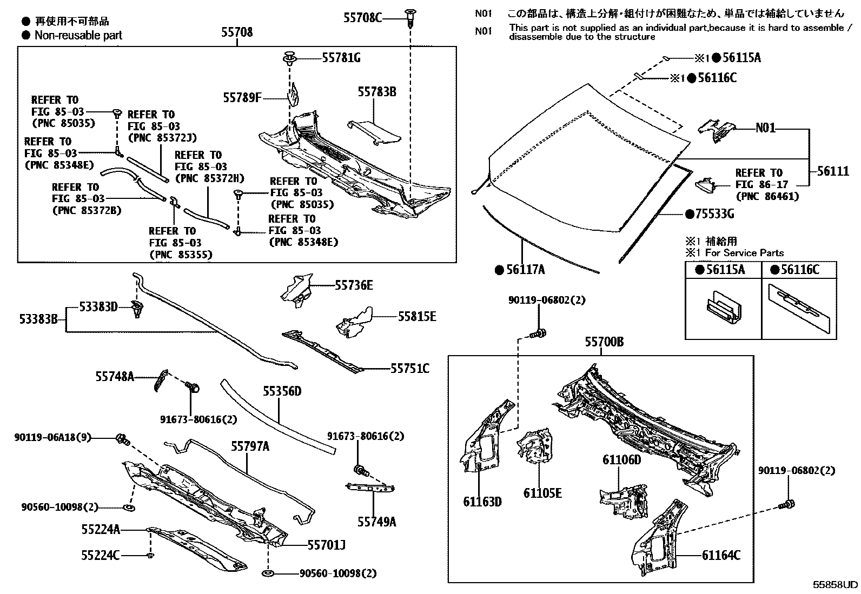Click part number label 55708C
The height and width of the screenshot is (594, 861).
coord(362,18)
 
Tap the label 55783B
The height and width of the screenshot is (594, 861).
coord(376,92)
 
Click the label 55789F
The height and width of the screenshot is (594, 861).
coord(242,98)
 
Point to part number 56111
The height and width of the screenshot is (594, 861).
coord(833,171)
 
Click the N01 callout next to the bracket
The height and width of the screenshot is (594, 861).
coord(765,128)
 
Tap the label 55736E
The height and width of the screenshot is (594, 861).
coord(354,285)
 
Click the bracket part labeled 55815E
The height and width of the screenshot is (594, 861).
coord(354,323)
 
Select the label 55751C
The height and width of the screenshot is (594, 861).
coord(410,369)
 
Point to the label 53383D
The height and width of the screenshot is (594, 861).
coord(98,307)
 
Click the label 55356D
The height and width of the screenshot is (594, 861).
coord(282,391)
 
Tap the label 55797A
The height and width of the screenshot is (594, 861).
coord(250,446)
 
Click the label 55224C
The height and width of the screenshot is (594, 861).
coord(100,555)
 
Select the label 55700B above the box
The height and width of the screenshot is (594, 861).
coord(604,342)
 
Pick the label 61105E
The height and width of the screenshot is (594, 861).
coord(542,492)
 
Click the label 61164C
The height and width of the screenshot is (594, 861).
coord(721,555)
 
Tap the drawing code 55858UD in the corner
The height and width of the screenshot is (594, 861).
coord(836,584)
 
